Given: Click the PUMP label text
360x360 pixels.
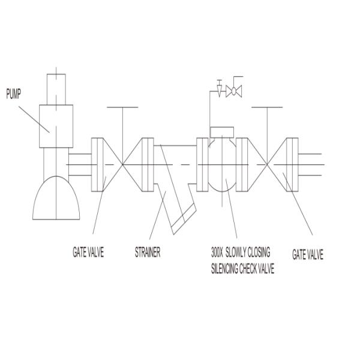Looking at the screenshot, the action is pyautogui.click(x=13, y=94).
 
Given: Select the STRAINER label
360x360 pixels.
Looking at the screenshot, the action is pyautogui.click(x=148, y=252).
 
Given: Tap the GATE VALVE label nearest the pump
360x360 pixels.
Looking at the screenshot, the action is pyautogui.click(x=88, y=252).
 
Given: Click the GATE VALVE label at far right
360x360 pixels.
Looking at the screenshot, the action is pyautogui.click(x=308, y=254).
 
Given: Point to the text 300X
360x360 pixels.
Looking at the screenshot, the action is pyautogui.click(x=217, y=252).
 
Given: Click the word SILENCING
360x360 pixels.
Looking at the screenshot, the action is pyautogui.click(x=224, y=268).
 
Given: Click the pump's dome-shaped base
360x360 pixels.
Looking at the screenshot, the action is pyautogui.click(x=56, y=198).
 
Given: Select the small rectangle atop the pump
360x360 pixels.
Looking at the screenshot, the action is pyautogui.click(x=56, y=89).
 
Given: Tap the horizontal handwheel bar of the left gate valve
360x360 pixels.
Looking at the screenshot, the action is pyautogui.click(x=122, y=107).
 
